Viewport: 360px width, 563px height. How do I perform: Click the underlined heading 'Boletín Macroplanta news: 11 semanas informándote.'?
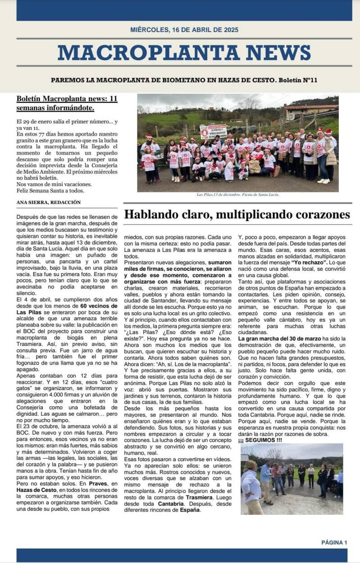click(x=67, y=104)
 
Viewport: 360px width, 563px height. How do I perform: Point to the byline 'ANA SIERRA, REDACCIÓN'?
click(x=49, y=202)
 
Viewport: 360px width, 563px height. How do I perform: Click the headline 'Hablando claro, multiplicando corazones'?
click(x=237, y=214)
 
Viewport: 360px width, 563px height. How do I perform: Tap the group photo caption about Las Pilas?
click(x=238, y=195)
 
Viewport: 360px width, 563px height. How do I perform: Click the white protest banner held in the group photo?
click(x=213, y=132)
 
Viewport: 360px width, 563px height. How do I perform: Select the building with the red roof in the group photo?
click(x=310, y=113)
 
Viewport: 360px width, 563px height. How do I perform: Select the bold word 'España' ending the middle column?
click(x=189, y=510)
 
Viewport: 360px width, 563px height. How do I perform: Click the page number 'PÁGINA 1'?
click(x=334, y=542)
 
